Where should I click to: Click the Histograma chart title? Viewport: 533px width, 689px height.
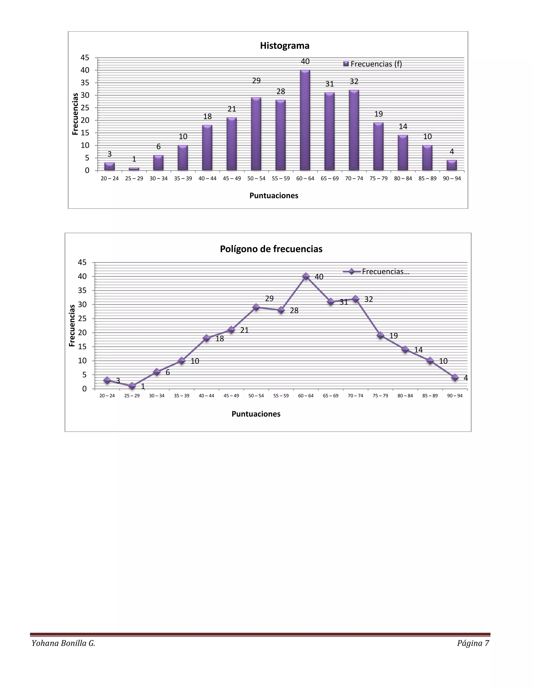pyautogui.click(x=284, y=46)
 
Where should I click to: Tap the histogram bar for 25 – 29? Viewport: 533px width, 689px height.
pyautogui.click(x=134, y=169)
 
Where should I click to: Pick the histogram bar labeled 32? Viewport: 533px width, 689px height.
pyautogui.click(x=354, y=130)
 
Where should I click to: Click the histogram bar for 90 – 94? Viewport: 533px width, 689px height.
pyautogui.click(x=452, y=165)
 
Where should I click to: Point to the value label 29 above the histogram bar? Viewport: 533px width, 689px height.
pyautogui.click(x=256, y=81)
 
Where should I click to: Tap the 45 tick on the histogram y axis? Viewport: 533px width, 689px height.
pyautogui.click(x=85, y=58)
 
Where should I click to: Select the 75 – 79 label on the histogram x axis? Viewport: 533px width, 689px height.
pyautogui.click(x=379, y=179)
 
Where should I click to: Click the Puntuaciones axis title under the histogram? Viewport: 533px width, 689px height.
pyautogui.click(x=274, y=196)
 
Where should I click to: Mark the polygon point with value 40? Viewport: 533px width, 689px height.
pyautogui.click(x=306, y=276)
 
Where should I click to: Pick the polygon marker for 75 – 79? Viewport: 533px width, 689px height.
pyautogui.click(x=380, y=335)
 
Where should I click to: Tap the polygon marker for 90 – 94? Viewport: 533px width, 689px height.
pyautogui.click(x=455, y=378)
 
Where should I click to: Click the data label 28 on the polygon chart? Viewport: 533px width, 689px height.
pyautogui.click(x=294, y=311)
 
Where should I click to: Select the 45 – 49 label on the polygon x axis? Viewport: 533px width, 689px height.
pyautogui.click(x=231, y=396)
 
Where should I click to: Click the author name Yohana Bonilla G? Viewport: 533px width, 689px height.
pyautogui.click(x=64, y=643)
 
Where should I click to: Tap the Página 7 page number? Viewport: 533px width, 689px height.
pyautogui.click(x=473, y=643)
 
